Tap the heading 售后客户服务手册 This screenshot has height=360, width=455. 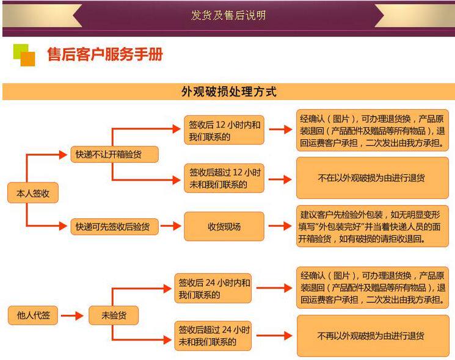pos(105,55)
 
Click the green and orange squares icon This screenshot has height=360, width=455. pos(24,55)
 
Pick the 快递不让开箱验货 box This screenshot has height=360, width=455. pos(113,154)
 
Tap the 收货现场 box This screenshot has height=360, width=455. pos(224,226)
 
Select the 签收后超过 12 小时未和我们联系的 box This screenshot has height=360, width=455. pos(224,178)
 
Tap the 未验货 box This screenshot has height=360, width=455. pos(114,315)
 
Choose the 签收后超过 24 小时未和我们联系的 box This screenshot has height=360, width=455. pos(213,336)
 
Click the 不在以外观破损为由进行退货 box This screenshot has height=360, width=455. pos(372,178)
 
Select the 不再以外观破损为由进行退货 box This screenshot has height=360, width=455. pos(372,336)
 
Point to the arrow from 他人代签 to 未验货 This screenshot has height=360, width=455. pos(71,315)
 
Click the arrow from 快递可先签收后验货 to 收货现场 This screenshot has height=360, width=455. pos(171,226)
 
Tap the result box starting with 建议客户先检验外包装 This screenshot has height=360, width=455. pos(372,226)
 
